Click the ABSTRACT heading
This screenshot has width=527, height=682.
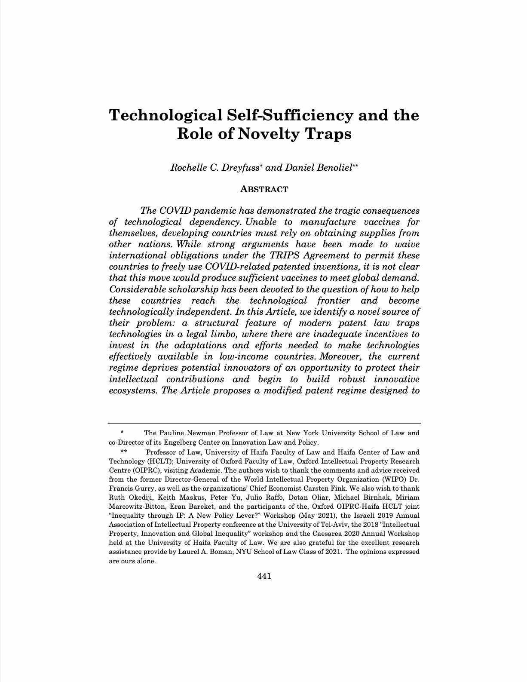point(264,189)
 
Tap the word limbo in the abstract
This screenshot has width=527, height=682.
point(208,334)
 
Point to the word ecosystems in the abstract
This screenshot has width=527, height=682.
point(131,390)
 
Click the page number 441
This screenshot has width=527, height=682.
point(264,576)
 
